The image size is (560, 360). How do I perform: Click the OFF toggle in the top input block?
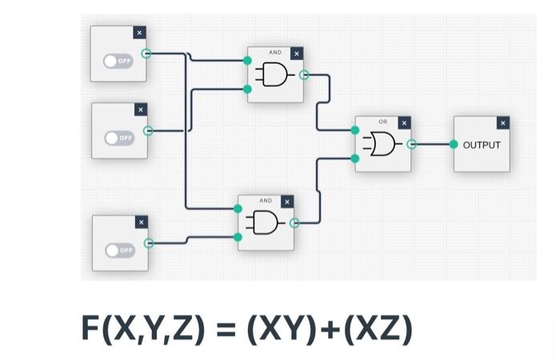coord(118,61)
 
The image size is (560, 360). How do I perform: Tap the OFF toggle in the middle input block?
coord(119,138)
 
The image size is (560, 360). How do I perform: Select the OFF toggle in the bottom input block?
coord(120,250)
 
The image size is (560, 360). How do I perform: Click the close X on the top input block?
coord(139,33)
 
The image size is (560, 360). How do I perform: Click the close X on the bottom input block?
coord(142,222)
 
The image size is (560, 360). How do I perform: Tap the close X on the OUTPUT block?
coord(502,123)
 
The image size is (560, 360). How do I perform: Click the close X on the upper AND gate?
coord(297,54)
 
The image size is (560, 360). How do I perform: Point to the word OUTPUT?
coord(481,145)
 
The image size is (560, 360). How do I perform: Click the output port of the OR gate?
coord(411,145)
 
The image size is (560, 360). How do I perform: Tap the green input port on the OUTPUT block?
coord(454,145)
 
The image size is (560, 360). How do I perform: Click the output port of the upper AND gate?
coord(303,75)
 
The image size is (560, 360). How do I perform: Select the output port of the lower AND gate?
coord(294,223)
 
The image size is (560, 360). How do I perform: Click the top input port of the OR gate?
coord(355,130)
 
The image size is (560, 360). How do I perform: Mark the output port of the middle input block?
coord(147,130)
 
